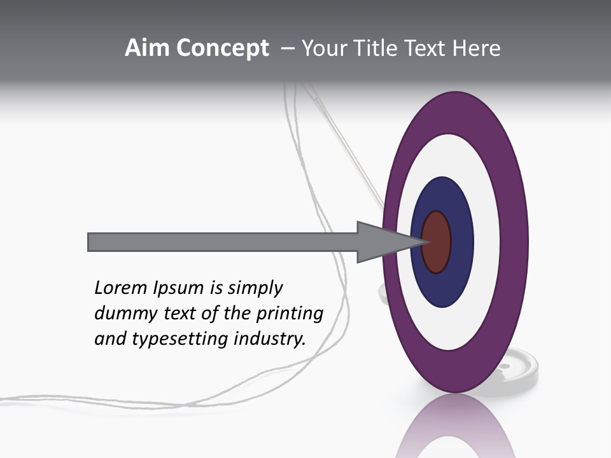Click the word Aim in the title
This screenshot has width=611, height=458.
(147, 48)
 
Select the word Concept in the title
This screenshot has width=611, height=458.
(222, 49)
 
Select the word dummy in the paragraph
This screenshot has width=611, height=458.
(123, 314)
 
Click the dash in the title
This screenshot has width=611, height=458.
(287, 48)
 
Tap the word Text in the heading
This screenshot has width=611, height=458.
(426, 48)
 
